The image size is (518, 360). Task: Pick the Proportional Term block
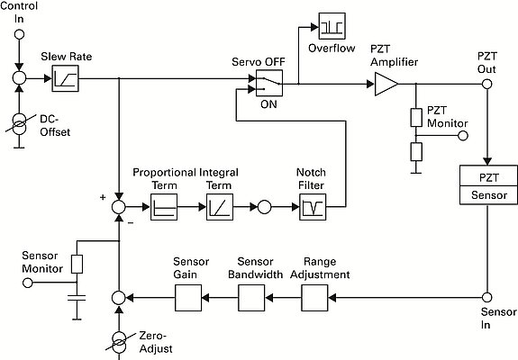(163, 207)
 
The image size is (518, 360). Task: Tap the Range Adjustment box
(316, 297)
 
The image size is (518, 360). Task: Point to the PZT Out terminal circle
(486, 85)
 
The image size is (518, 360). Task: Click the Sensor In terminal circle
(486, 297)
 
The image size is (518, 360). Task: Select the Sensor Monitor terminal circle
(27, 283)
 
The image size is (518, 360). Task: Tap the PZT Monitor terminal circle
(463, 137)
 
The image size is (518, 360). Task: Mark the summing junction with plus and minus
(118, 207)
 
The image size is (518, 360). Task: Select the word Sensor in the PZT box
(486, 193)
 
